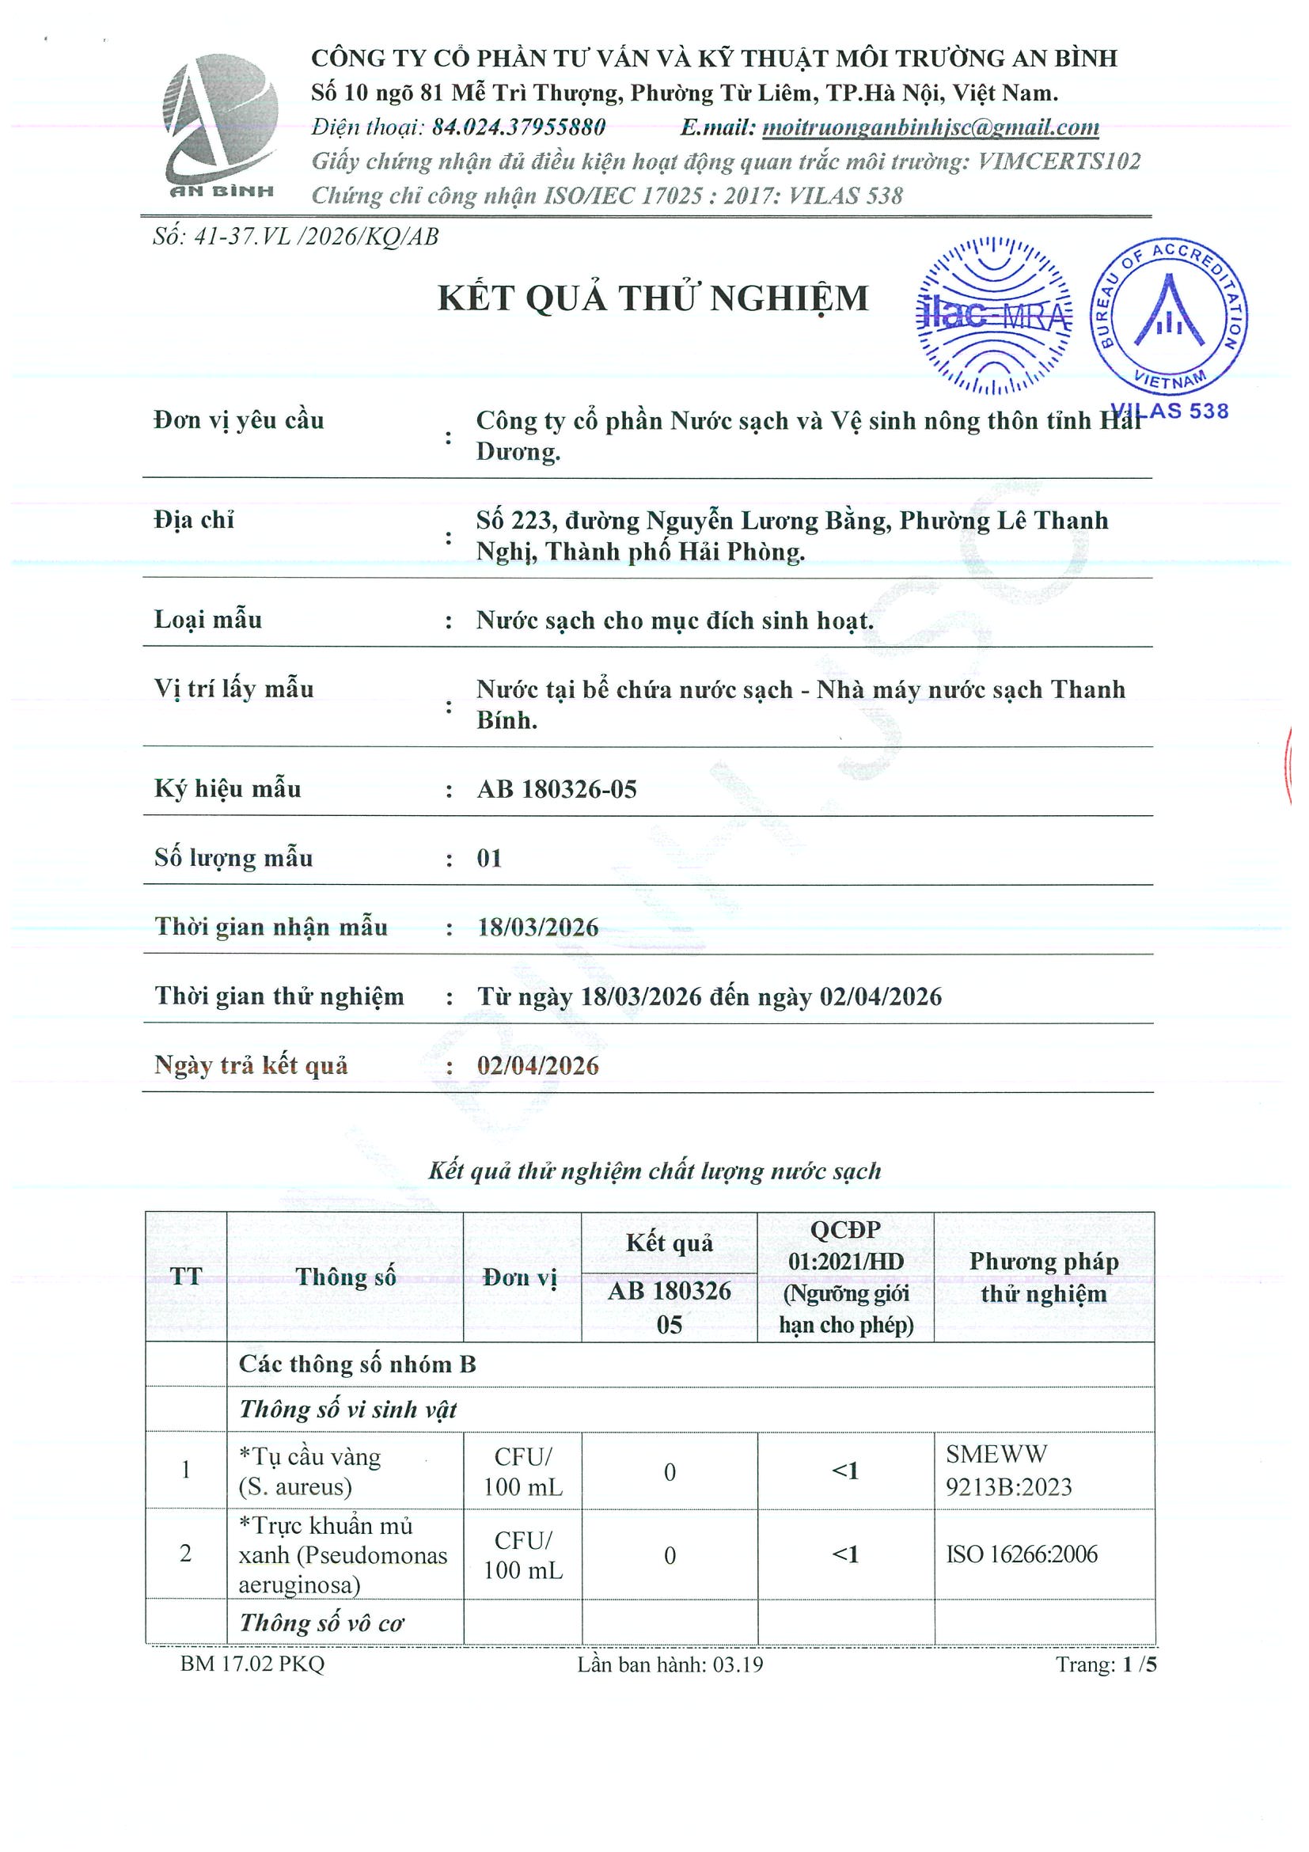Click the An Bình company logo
coord(220,125)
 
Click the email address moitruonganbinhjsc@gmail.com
coord(930,127)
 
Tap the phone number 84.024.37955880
coord(518,127)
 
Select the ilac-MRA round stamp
coord(996,315)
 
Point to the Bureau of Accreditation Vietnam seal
coord(1169,317)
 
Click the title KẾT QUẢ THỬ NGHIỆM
coord(652,298)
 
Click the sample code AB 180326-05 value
coord(556,789)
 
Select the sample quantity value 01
coord(489,858)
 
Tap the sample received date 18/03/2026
coord(538,928)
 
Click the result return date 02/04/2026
coord(538,1066)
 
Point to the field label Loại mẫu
coord(208,620)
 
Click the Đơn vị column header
coord(521,1277)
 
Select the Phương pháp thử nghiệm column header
coord(1044,1277)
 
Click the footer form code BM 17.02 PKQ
coord(252,1664)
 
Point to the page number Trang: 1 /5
coord(1106,1664)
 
